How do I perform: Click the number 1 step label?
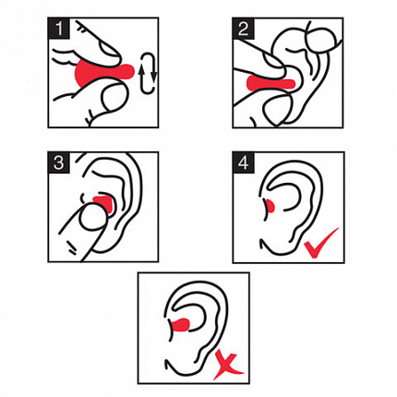[58, 29]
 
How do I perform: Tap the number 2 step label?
[243, 29]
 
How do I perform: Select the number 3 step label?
[58, 162]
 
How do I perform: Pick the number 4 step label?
[243, 162]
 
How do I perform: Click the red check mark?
[320, 243]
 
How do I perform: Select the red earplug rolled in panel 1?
[103, 72]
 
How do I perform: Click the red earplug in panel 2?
[271, 83]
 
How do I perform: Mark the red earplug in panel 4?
[271, 206]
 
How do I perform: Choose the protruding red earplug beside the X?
[180, 325]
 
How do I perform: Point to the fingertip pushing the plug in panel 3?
[93, 218]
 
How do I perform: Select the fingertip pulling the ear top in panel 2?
[320, 40]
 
